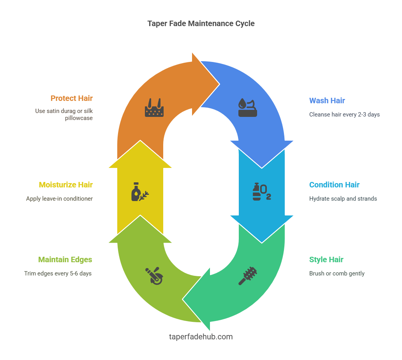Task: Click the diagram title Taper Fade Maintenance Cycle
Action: (201, 23)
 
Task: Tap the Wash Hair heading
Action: (327, 101)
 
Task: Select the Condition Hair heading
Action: (334, 185)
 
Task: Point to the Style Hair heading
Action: (326, 259)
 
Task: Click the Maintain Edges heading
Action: (65, 259)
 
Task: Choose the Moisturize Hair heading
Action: (65, 185)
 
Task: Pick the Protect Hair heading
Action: (71, 98)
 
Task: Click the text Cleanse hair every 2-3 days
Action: (344, 115)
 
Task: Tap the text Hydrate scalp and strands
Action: (343, 199)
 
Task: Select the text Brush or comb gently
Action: (337, 274)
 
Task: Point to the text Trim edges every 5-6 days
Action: (58, 274)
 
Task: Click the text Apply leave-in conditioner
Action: (59, 199)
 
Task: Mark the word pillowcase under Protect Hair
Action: (79, 118)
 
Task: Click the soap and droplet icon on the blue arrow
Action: (248, 108)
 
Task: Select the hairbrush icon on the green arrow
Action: (248, 275)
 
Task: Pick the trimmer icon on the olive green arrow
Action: (154, 276)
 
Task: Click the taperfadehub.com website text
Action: (201, 337)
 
